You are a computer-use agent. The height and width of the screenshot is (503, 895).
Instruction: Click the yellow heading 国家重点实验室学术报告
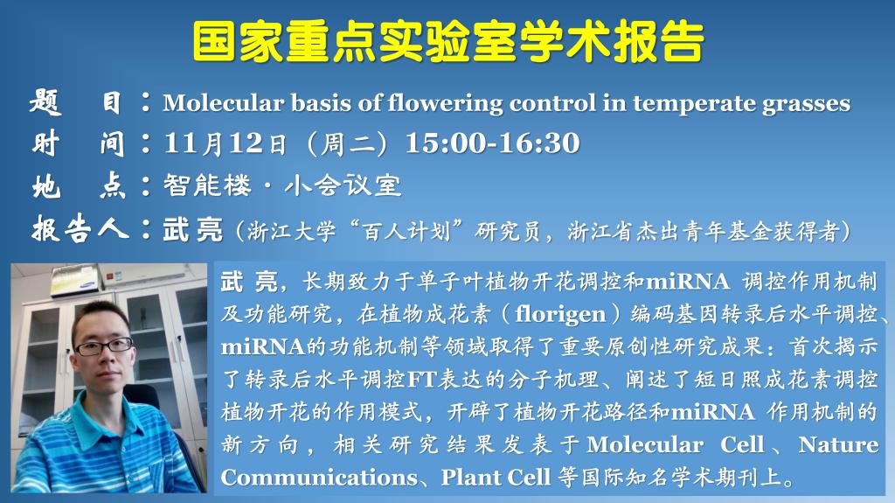click(x=448, y=41)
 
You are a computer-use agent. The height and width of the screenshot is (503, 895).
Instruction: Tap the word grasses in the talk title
click(x=806, y=104)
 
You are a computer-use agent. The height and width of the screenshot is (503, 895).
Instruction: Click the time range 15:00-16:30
click(x=492, y=143)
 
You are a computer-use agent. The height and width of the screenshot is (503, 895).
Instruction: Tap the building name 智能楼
click(x=207, y=185)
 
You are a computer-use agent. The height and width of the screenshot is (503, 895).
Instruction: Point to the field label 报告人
click(x=80, y=229)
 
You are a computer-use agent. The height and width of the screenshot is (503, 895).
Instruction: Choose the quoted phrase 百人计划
click(x=406, y=231)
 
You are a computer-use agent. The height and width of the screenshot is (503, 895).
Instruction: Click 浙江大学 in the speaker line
click(x=291, y=231)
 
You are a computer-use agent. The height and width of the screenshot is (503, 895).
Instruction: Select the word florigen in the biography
click(x=560, y=314)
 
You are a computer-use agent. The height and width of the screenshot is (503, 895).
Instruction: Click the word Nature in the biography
click(x=838, y=444)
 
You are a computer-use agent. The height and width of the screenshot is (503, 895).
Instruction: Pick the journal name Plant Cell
click(x=496, y=478)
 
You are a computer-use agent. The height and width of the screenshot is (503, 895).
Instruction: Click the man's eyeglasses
click(x=103, y=346)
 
